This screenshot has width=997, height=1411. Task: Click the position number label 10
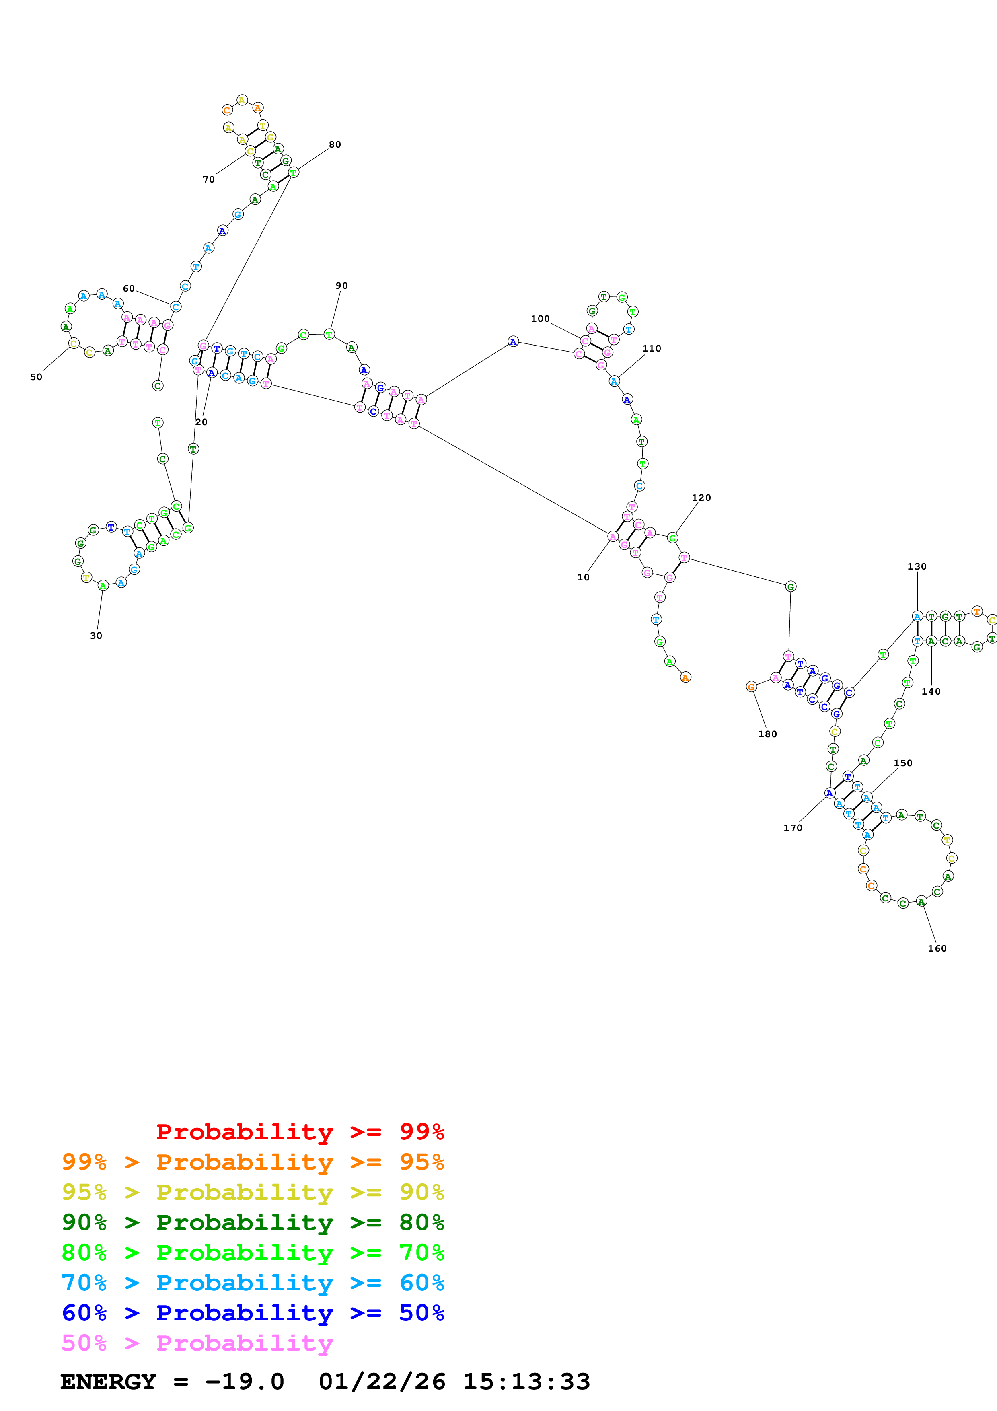(x=583, y=577)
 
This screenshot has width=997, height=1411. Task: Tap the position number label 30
(x=96, y=636)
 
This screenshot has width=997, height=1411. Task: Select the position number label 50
(x=36, y=377)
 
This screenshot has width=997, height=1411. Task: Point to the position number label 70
(x=209, y=179)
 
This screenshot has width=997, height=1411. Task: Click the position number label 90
(x=341, y=286)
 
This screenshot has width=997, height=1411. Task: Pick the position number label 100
(x=540, y=318)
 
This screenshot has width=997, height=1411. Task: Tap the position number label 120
(x=701, y=498)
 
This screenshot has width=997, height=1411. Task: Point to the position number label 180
(x=767, y=734)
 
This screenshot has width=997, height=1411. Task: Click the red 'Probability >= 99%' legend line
(x=300, y=1131)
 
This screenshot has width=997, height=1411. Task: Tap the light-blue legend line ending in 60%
(x=253, y=1283)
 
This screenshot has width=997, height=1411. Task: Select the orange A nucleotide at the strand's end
(x=686, y=677)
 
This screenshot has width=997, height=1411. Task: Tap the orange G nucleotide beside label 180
(x=751, y=687)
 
